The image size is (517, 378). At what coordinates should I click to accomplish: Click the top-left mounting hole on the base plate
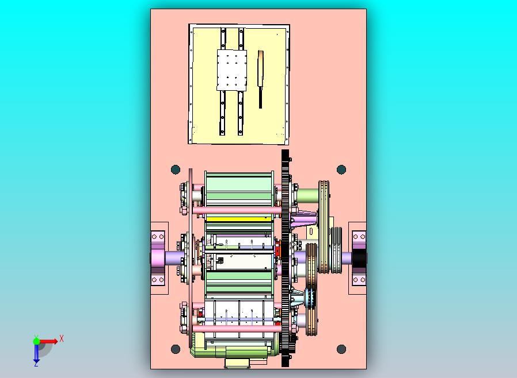point(176,169)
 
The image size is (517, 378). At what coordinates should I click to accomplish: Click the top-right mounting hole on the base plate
point(341,169)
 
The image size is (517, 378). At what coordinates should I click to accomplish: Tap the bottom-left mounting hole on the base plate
point(176,349)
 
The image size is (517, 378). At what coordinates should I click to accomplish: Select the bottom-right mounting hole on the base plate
point(341,349)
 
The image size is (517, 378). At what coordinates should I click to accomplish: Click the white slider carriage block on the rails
point(232,70)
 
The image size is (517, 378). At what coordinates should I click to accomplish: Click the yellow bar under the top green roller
point(238,219)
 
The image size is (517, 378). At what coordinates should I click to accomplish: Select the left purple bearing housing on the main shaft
point(158,258)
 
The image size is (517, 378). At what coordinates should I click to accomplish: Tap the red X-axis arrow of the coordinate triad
point(49,341)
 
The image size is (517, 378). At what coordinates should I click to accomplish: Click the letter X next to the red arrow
point(62,338)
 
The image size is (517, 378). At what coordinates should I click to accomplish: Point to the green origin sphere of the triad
point(36,341)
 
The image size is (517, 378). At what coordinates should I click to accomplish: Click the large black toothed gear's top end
point(285,154)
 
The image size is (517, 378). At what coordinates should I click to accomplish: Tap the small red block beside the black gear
point(277,250)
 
